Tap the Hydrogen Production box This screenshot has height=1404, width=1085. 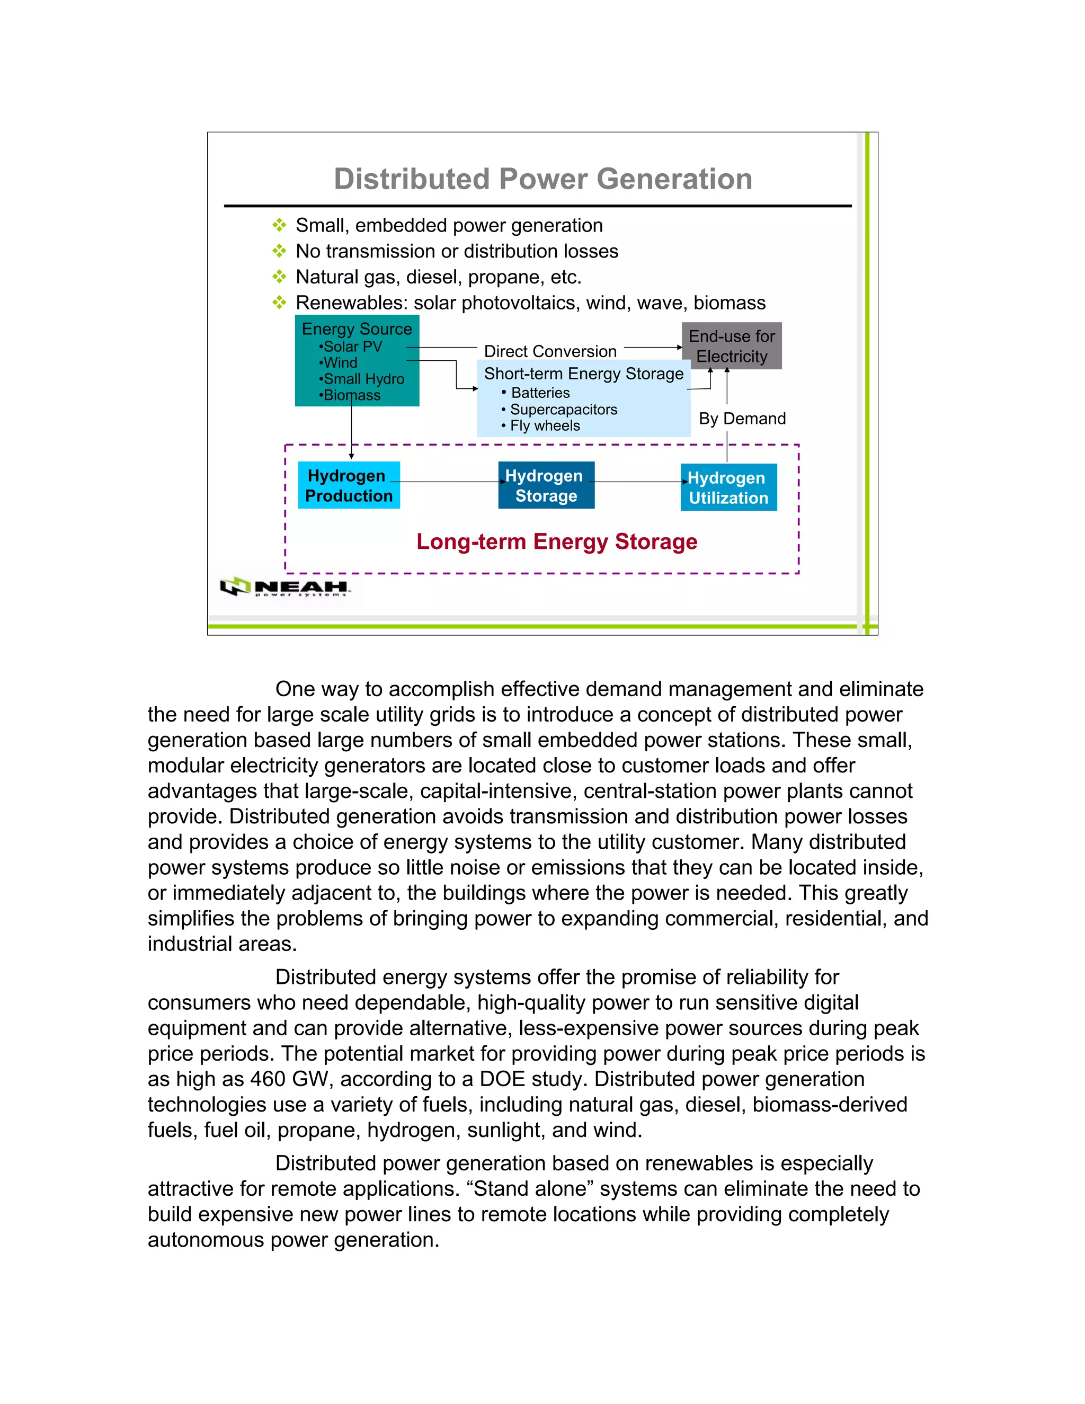coord(349,485)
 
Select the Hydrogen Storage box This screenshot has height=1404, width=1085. coord(546,485)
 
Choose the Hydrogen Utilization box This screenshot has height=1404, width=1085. coord(728,487)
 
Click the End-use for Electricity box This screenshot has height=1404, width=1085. coord(732,346)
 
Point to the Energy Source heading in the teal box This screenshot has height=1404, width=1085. coord(357,328)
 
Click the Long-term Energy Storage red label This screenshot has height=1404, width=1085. coord(557,541)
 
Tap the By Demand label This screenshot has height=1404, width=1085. coord(742,419)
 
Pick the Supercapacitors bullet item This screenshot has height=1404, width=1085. coord(563,410)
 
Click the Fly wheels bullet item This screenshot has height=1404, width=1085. coord(545,425)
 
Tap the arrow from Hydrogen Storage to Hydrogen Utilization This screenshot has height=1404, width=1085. coord(638,482)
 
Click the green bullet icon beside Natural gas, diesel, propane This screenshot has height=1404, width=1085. coord(279,277)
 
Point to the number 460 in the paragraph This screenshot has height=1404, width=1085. coord(268,1079)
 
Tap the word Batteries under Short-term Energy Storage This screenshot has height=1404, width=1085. coord(540,393)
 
